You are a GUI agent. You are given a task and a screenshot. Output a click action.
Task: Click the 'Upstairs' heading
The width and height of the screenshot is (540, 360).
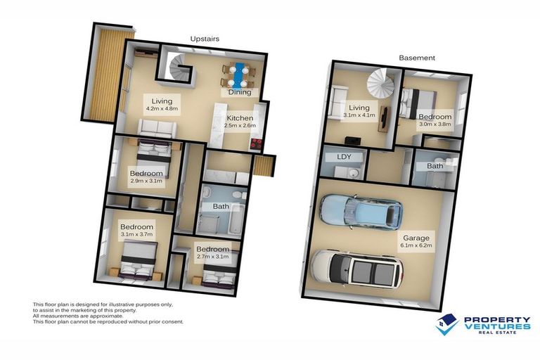tap(206, 39)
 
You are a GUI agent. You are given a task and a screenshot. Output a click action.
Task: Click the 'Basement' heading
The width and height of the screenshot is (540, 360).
tap(417, 58)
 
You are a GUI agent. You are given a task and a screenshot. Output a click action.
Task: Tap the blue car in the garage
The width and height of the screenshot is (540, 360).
tap(360, 212)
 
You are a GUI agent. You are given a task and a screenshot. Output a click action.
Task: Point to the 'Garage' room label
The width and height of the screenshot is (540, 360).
tap(416, 237)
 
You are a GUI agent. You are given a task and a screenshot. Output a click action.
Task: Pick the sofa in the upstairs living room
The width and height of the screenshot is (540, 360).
tap(156, 127)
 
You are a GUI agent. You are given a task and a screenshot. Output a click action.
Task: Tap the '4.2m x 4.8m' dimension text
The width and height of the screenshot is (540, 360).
tap(162, 109)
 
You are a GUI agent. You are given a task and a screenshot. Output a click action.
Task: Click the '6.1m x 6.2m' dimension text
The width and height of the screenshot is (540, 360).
tap(416, 246)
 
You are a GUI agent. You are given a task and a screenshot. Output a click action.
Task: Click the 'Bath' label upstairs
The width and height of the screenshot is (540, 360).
tap(221, 206)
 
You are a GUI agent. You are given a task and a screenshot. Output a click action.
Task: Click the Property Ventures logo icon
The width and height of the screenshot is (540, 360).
tap(446, 324)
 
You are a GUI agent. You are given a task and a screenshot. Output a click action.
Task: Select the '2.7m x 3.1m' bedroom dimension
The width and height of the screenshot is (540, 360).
tap(212, 258)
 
